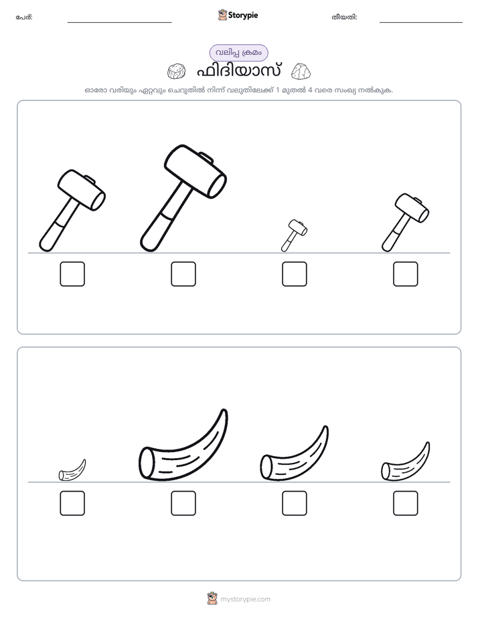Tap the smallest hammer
(294, 235)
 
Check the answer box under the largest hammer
(183, 274)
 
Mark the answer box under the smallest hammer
(295, 274)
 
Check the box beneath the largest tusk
(183, 504)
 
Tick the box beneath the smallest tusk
(72, 504)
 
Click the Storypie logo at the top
(238, 15)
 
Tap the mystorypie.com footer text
(245, 599)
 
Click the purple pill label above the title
(238, 53)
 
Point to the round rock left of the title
(176, 72)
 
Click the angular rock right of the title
(301, 71)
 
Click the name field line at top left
(119, 23)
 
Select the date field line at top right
(421, 23)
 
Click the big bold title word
(238, 72)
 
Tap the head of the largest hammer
(195, 171)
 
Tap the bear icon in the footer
(212, 599)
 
